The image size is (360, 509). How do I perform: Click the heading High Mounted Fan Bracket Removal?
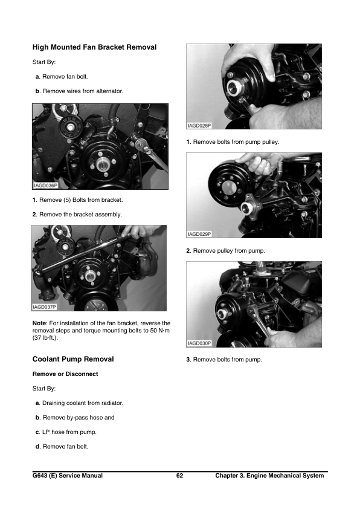pos(94,47)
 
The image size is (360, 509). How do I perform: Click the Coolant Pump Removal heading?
pos(72,359)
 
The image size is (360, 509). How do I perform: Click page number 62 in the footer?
pos(179,476)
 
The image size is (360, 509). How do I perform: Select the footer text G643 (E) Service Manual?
pos(68,476)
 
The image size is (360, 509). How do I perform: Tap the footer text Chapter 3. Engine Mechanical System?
pos(269,476)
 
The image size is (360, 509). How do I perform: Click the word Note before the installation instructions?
pos(40,323)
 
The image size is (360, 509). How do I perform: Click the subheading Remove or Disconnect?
pos(65,374)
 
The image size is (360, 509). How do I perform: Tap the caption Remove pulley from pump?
pos(228,250)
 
